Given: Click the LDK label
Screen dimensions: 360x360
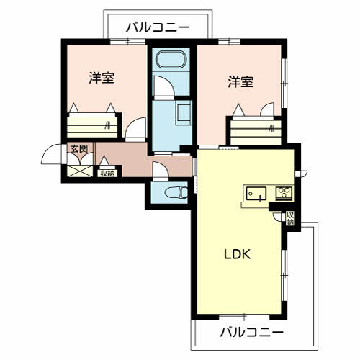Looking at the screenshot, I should point(236,254).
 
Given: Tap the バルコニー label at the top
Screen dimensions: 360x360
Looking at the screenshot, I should point(158,27).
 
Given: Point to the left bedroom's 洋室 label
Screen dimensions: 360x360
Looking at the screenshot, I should point(102,78).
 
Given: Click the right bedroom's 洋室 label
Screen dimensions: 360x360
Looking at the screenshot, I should point(240,81).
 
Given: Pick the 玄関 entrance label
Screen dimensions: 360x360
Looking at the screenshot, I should point(78,150).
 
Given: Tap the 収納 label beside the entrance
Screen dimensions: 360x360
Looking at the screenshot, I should point(107,173).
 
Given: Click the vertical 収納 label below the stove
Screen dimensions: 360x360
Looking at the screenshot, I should point(289,219).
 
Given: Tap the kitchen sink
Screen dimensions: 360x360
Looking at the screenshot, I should point(256,192).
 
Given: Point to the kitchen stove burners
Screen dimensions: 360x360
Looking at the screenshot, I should point(283,192).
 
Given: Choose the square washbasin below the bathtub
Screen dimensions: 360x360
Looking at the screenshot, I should point(183,112).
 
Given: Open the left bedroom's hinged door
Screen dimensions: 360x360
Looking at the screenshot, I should point(134,130).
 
